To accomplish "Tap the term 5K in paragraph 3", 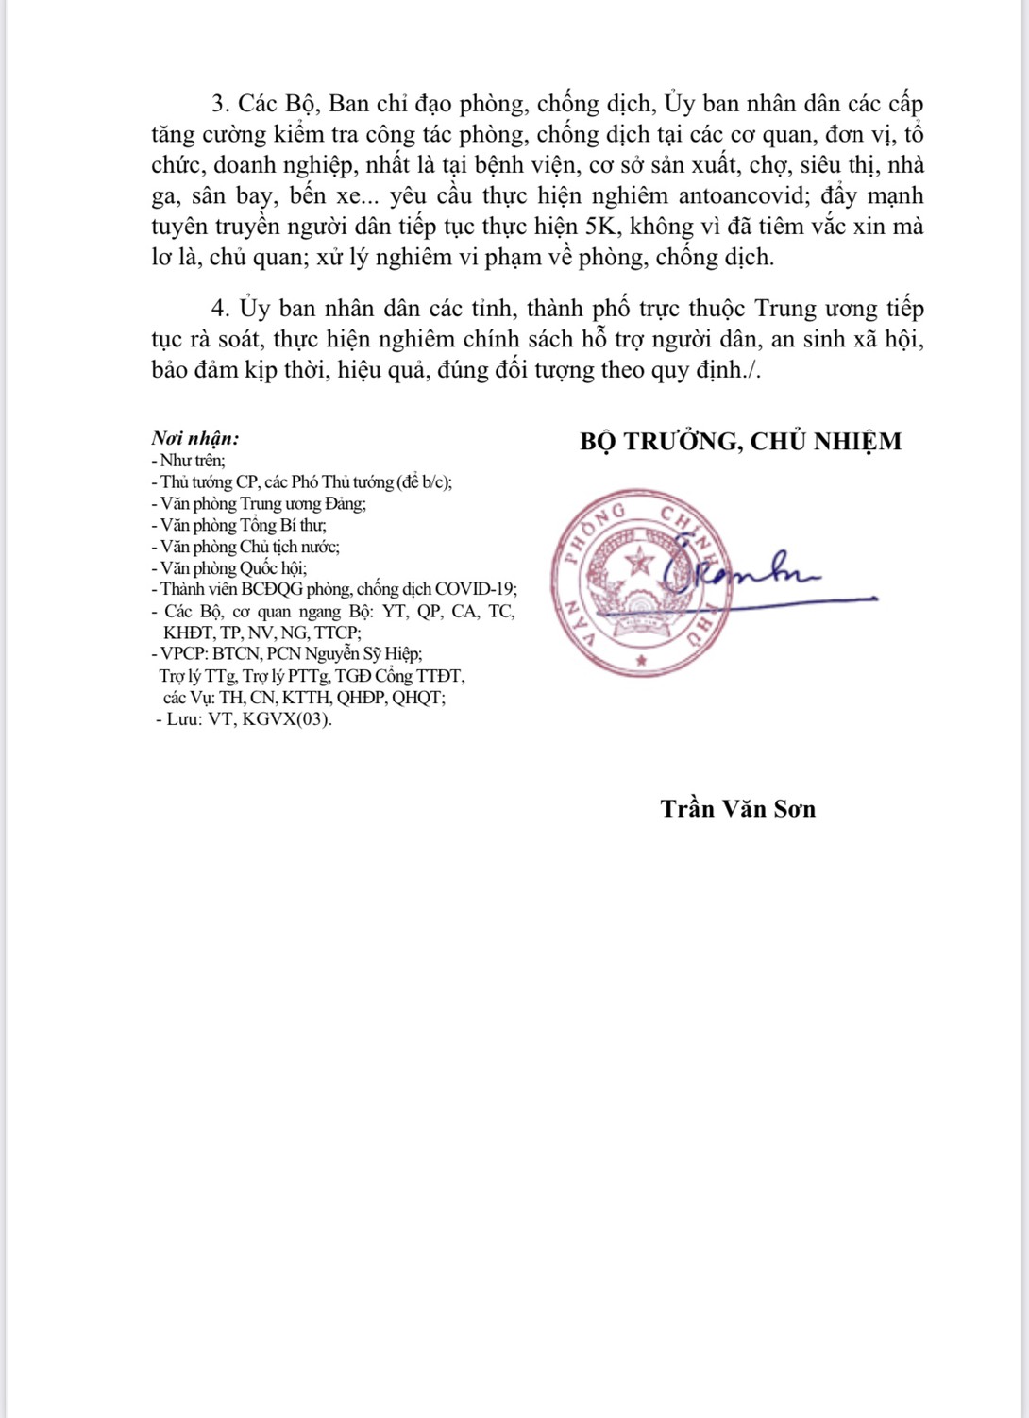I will pyautogui.click(x=596, y=227).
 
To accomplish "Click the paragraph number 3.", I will pyautogui.click(x=219, y=104).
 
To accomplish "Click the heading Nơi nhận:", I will pyautogui.click(x=195, y=438).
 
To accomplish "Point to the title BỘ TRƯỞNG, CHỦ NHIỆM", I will pyautogui.click(x=740, y=441).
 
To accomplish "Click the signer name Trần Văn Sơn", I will pyautogui.click(x=737, y=809).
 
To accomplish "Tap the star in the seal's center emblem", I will pyautogui.click(x=642, y=564).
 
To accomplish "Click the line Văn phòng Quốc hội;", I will pyautogui.click(x=229, y=567).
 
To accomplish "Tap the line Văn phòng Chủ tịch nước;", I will pyautogui.click(x=245, y=546).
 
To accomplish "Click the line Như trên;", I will pyautogui.click(x=189, y=461).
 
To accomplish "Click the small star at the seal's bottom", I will pyautogui.click(x=642, y=659).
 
